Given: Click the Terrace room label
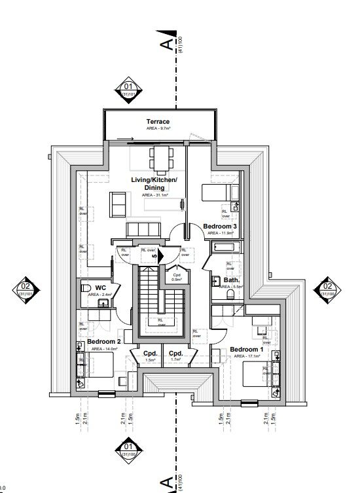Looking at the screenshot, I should pos(158,122).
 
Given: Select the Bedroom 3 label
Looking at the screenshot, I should pos(219,227).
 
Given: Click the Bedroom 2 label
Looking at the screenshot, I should pos(103,341).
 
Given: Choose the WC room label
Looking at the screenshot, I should pos(100,287).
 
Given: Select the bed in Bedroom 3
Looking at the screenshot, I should pos(217,192).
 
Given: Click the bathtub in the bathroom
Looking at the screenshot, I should pos(226,248).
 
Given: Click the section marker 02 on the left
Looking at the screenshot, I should pos(26,288).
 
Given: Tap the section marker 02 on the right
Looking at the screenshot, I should pos(326,287).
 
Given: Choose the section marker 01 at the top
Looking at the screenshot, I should pos(128,88).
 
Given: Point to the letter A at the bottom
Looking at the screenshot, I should pos(168,483).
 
